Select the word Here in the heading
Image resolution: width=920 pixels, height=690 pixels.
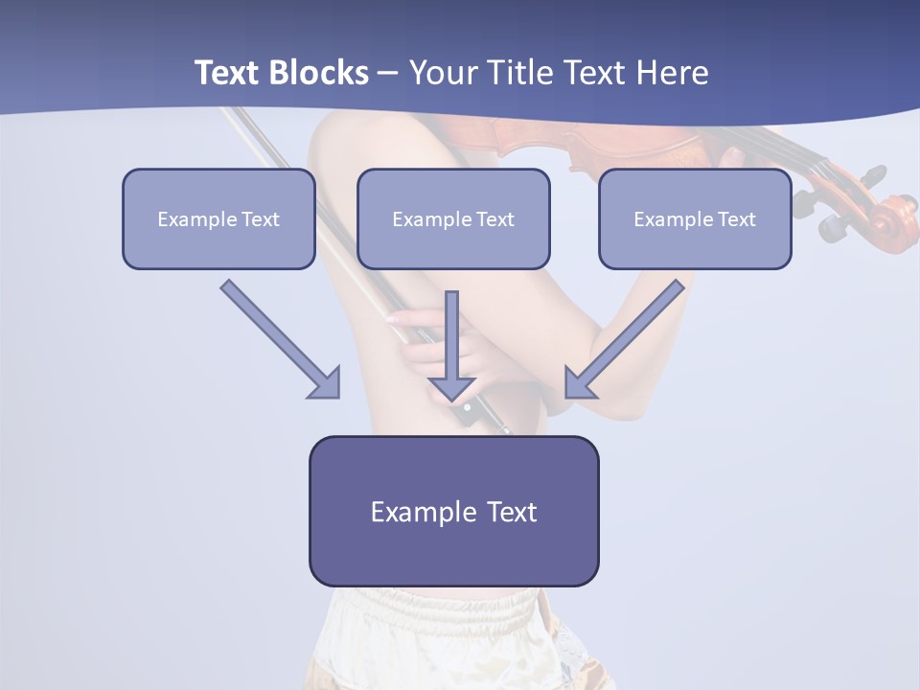tap(672, 73)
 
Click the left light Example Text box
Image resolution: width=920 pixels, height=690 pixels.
tap(218, 218)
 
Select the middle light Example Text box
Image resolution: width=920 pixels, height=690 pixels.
tap(453, 218)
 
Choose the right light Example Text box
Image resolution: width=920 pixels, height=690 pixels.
tap(695, 218)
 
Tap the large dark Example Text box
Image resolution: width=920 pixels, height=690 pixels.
tap(453, 511)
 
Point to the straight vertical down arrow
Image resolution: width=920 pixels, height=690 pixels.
tap(452, 345)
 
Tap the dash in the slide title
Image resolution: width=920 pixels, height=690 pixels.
tap(388, 73)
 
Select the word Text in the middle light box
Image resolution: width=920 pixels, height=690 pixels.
tap(494, 219)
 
